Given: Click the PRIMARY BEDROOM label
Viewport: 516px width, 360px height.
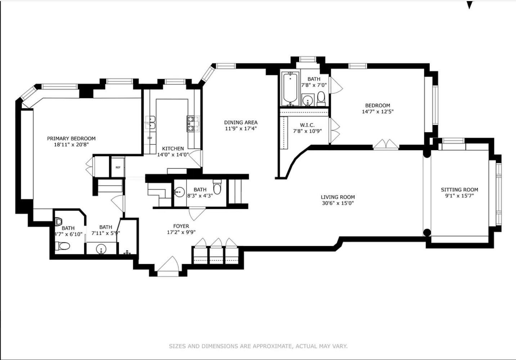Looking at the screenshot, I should [71, 139].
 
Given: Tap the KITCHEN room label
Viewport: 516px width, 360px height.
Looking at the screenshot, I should [173, 149].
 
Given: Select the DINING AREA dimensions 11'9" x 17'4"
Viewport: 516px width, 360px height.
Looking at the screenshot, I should [241, 129].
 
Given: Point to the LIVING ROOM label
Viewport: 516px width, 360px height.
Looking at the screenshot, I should [338, 197].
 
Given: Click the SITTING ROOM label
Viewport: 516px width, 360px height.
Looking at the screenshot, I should [459, 190].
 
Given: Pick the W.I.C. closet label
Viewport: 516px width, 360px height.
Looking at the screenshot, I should [307, 125].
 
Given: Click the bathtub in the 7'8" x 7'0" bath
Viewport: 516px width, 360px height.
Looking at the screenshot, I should [290, 89].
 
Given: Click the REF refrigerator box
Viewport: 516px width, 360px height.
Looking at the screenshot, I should [118, 167].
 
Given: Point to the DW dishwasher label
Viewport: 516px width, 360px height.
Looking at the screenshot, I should [150, 138].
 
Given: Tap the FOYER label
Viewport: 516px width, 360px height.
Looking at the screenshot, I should [181, 226].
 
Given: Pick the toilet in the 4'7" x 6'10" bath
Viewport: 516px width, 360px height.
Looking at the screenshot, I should [64, 246].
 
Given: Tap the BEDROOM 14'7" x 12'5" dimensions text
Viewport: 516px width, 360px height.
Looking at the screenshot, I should [377, 112].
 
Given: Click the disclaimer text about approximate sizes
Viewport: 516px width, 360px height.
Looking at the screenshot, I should [258, 346].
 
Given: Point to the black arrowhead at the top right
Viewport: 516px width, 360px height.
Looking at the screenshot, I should [469, 5].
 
